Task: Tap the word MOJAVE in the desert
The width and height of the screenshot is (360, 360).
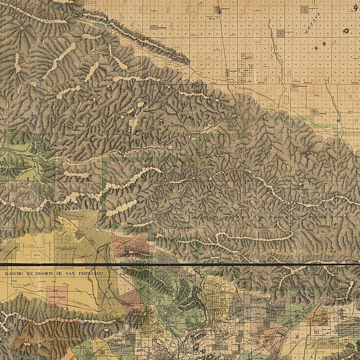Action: pyautogui.click(x=312, y=23)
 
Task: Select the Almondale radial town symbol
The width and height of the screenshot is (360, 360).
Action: pyautogui.click(x=314, y=112)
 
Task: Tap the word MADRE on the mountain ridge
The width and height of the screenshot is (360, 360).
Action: pyautogui.click(x=290, y=203)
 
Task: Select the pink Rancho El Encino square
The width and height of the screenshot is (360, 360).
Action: pyautogui.click(x=57, y=296)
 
